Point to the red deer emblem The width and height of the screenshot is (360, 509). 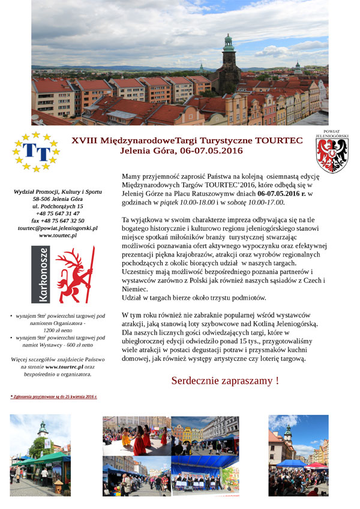click(x=74, y=274)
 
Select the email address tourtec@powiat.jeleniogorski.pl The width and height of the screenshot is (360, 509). click(x=58, y=228)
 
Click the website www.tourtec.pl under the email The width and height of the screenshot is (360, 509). click(x=58, y=236)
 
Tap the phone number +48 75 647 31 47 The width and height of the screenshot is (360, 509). click(x=58, y=213)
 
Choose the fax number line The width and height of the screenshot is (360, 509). click(x=58, y=221)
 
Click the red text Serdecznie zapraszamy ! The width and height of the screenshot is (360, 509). click(x=225, y=381)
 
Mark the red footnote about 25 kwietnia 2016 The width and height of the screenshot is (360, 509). click(x=53, y=397)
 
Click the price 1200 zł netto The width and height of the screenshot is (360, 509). click(x=58, y=330)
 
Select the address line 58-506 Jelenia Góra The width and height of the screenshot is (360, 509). click(x=58, y=198)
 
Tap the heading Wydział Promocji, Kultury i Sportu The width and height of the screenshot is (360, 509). click(x=58, y=191)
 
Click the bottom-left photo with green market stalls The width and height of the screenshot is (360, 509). click(x=40, y=455)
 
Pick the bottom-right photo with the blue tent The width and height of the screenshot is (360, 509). click(x=298, y=455)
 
